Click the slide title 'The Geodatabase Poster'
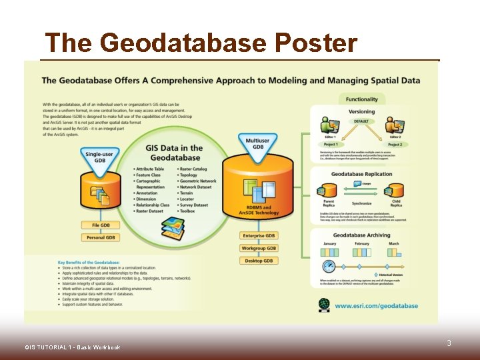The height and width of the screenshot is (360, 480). point(201,43)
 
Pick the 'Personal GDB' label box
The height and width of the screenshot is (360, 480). point(101,237)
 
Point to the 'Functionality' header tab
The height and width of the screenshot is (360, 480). point(361,99)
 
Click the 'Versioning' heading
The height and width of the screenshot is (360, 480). point(362,112)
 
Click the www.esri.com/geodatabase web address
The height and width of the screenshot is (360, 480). point(376,306)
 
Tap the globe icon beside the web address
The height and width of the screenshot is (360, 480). point(324,305)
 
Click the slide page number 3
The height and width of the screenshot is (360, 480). point(449,343)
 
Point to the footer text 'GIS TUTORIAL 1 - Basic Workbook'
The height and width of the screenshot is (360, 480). point(72,347)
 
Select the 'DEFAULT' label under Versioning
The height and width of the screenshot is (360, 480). point(361,122)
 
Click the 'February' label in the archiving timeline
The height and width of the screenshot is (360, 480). point(362,244)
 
